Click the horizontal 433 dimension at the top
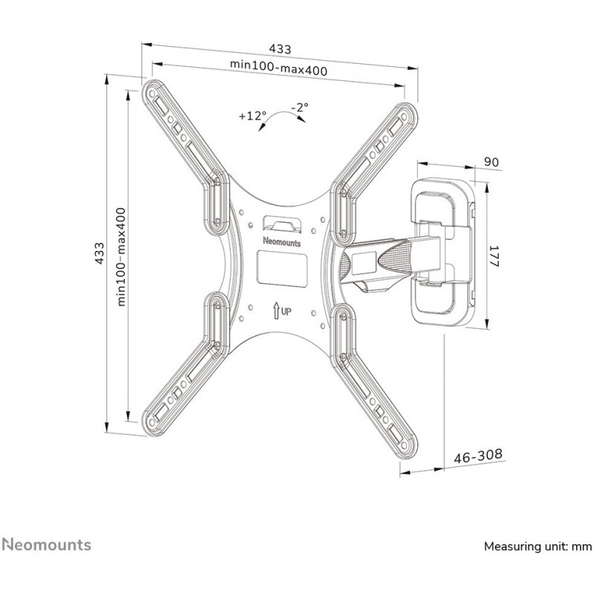pos(279,49)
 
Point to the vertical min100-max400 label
pos(121,255)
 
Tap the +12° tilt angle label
pos(252,116)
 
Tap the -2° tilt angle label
pos(300,108)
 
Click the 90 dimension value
pos(490,162)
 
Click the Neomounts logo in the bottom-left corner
pos(46,545)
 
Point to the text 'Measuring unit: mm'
pos(538,546)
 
